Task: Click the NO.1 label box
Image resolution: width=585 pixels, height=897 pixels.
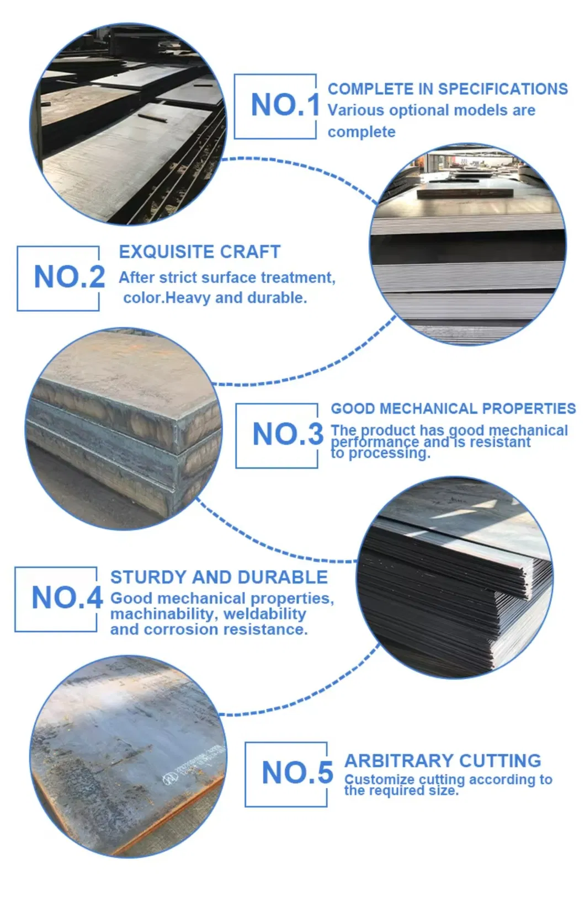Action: (276, 106)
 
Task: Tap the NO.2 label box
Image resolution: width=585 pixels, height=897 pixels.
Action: (59, 278)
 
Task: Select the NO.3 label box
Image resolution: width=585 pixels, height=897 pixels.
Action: (278, 435)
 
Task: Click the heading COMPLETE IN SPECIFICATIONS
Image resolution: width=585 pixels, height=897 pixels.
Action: (448, 89)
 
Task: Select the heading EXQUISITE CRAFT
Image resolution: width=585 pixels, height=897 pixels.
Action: (199, 252)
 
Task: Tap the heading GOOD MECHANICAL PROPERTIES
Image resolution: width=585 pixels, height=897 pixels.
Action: (453, 409)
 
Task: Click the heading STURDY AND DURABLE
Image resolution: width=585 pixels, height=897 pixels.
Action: (219, 578)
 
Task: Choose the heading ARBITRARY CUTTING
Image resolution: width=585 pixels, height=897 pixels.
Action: (443, 761)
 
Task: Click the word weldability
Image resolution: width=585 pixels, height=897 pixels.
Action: (264, 614)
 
